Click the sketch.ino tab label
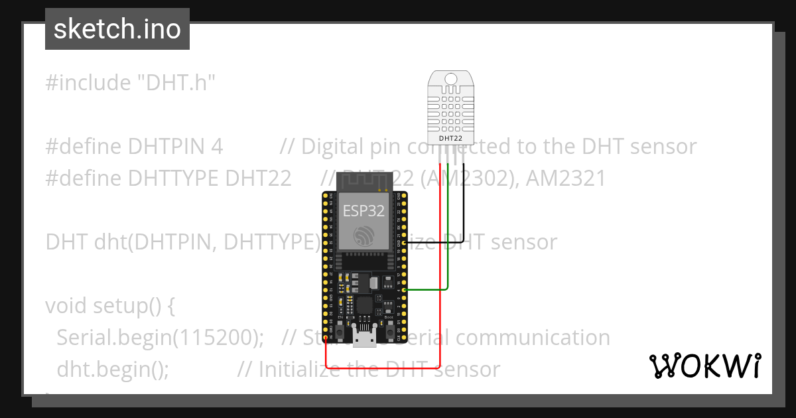coord(117,30)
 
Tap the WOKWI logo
coord(704,366)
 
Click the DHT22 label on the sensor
coord(451,139)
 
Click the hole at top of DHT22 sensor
coord(451,79)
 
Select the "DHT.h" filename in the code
coord(176,83)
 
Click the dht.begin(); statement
coord(113,369)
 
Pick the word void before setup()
coord(66,306)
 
